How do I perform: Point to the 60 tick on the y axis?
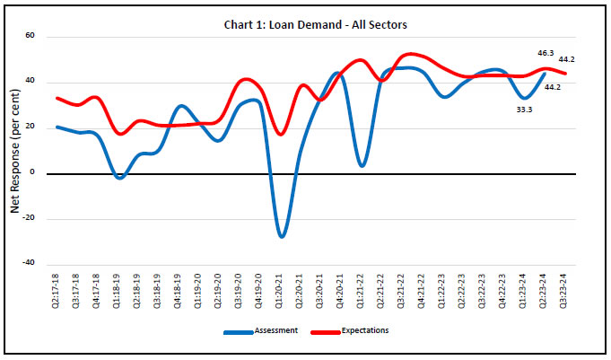(30, 37)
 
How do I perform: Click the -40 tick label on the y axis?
(27, 264)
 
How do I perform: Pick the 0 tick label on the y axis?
(31, 173)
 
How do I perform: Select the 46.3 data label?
(546, 53)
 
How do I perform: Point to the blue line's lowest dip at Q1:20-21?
(282, 236)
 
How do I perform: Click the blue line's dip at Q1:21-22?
(361, 165)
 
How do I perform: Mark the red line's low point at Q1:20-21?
(282, 135)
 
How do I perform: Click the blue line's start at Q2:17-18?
(57, 127)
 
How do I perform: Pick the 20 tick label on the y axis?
(30, 127)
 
